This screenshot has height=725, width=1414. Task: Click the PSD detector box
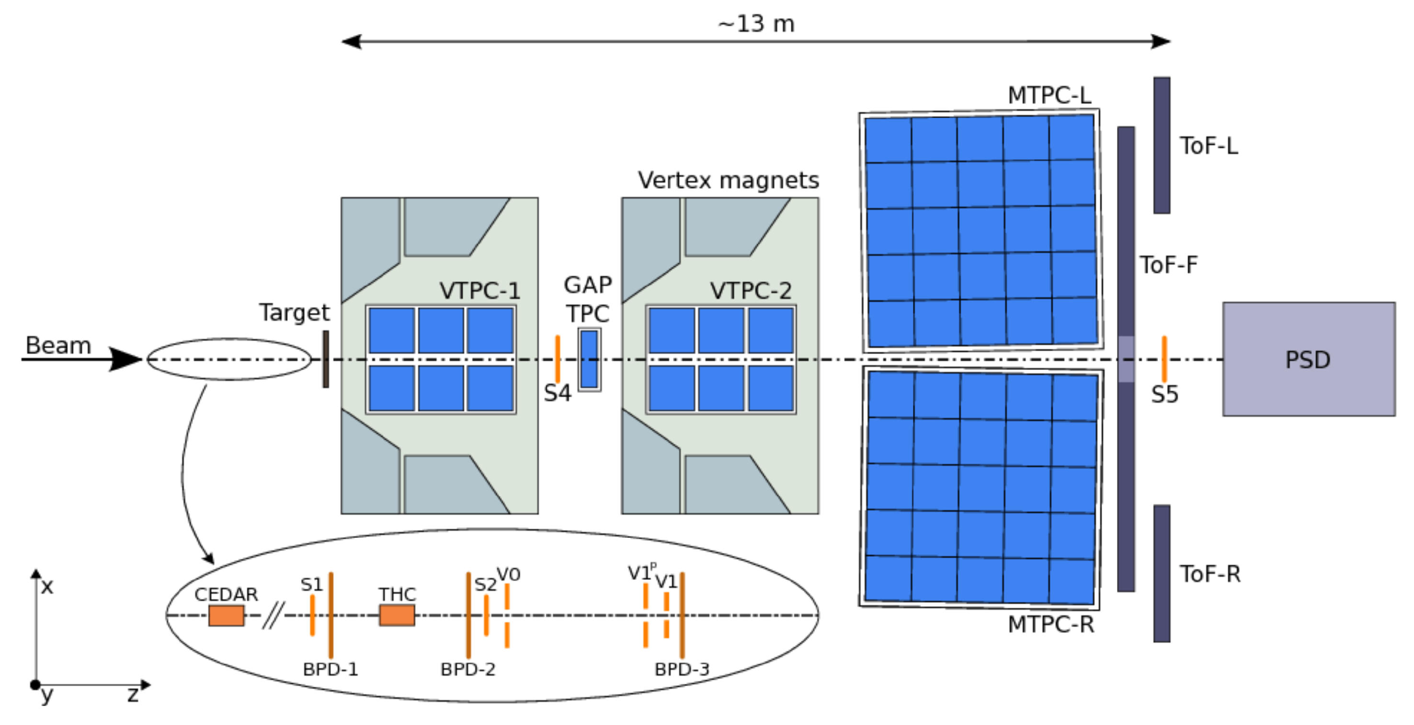(1308, 359)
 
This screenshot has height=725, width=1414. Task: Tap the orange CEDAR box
(226, 615)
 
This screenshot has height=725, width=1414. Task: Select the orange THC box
(397, 615)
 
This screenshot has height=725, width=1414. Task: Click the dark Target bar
(326, 359)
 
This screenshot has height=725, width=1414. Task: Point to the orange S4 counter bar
(558, 359)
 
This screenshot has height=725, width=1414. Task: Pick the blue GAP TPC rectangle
(589, 359)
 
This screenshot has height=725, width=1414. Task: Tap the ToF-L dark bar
(1162, 146)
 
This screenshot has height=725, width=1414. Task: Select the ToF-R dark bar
(1162, 574)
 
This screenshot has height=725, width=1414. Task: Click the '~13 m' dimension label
(756, 24)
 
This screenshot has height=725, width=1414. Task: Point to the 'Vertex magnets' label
(728, 180)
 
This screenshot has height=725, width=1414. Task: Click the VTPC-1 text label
(480, 290)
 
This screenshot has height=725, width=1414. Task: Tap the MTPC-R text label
(1050, 624)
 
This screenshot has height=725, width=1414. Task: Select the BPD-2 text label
(468, 669)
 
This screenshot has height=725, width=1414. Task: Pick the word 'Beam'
(58, 345)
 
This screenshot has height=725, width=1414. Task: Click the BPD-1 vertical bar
(331, 615)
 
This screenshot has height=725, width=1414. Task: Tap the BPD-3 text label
(682, 669)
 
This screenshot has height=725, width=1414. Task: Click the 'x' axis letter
(48, 587)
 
